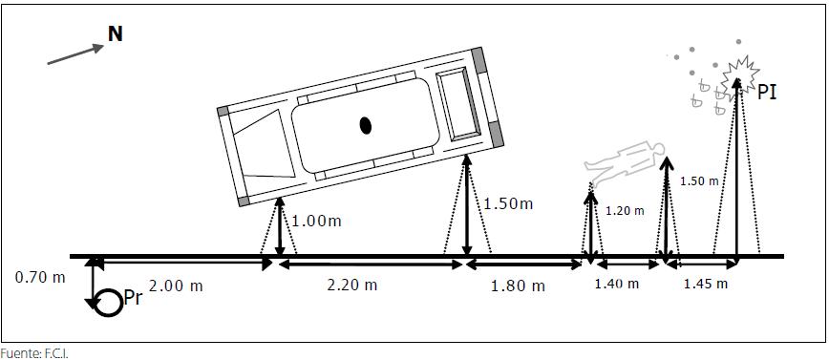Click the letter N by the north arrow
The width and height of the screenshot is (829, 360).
pos(116,33)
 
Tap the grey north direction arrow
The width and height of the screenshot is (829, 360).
pos(75,54)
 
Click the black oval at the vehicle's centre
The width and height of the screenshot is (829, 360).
pos(366,125)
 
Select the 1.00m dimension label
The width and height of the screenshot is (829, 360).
pos(316,221)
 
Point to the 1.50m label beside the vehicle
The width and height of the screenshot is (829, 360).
pos(508,203)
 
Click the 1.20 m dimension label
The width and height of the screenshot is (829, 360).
pos(625,210)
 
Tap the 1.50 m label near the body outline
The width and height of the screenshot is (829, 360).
pos(699,180)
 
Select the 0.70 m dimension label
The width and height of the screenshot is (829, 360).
pos(40,277)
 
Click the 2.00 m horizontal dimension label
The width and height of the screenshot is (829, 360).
pos(176,286)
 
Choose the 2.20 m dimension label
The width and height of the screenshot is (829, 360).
pos(352,285)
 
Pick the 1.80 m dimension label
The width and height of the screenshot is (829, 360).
pos(518,286)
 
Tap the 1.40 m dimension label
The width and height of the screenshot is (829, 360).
pos(616,284)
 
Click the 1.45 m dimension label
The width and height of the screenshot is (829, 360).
pos(706,284)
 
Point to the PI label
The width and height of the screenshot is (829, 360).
pos(767,93)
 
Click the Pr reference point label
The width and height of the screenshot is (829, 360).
pos(133,298)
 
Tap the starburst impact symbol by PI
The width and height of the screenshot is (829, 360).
pos(740,72)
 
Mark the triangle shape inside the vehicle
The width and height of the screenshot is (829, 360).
pos(265,146)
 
